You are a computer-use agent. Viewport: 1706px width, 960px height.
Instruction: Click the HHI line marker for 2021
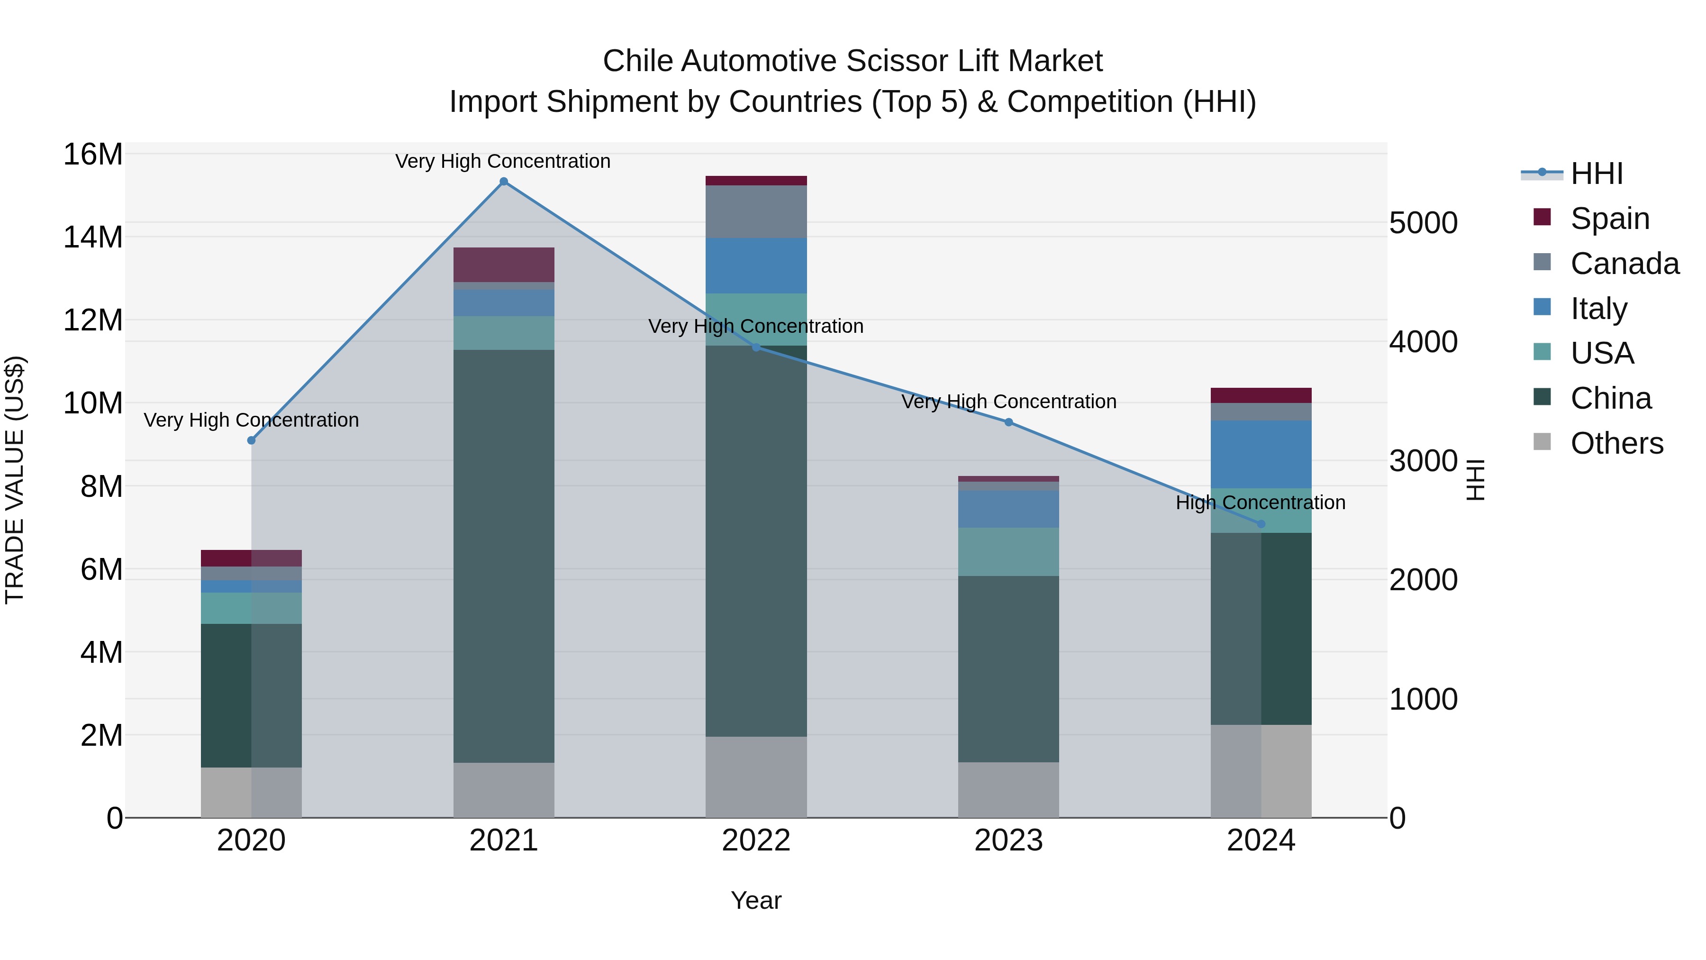pos(503,182)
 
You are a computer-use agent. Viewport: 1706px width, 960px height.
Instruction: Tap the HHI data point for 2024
pos(1261,524)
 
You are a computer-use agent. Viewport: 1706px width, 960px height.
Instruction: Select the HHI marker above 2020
pos(251,440)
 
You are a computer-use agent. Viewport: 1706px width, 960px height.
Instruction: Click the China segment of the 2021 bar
pos(503,557)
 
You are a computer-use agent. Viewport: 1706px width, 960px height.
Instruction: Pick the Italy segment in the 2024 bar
pos(1261,455)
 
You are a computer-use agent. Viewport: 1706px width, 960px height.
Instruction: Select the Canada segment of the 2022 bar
pos(756,212)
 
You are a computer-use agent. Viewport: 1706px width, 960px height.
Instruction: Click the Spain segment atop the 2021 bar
pos(503,265)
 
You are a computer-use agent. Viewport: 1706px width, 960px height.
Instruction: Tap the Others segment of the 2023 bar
pos(1008,790)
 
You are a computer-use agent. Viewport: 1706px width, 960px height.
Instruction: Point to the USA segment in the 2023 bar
pos(1008,551)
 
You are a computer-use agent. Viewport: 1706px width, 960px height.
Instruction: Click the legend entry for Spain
pos(1609,219)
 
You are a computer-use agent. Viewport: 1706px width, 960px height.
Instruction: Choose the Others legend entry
pos(1616,443)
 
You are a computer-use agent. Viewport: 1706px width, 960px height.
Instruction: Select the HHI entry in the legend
pos(1596,174)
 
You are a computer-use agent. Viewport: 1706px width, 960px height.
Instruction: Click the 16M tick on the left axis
pos(93,155)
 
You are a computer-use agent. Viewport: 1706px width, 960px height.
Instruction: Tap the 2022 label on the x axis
pos(756,841)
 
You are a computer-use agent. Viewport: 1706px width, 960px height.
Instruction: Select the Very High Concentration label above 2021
pos(503,161)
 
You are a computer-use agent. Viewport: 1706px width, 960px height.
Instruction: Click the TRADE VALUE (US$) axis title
pos(15,480)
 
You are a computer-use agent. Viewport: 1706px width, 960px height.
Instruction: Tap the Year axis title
pos(756,900)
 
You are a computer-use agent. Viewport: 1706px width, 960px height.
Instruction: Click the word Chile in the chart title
pos(638,61)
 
